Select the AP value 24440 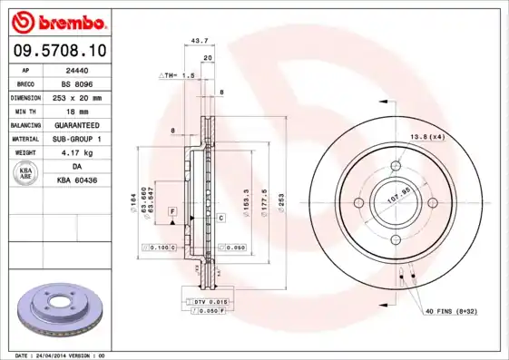[x=77, y=70]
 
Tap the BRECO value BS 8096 [x=77, y=83]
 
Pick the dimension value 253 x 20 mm [x=77, y=97]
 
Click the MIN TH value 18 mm [x=77, y=111]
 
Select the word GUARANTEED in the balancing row [x=77, y=124]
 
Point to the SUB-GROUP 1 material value [x=77, y=139]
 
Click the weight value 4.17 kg [x=77, y=152]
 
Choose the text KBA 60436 [x=77, y=180]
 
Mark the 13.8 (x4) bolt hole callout [x=427, y=136]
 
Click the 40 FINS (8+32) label [x=450, y=311]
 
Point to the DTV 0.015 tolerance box [x=208, y=300]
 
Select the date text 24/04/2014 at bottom [x=70, y=355]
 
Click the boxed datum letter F [x=170, y=210]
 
